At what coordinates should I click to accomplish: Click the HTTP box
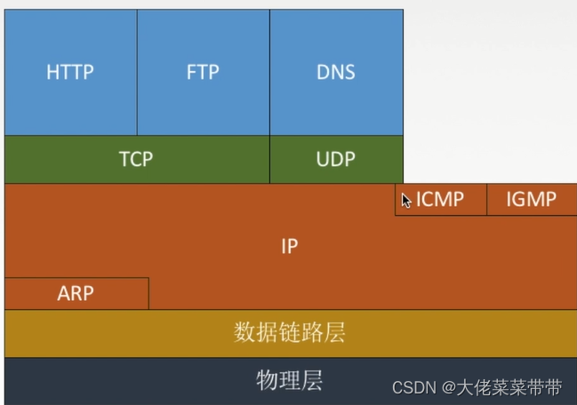(x=70, y=73)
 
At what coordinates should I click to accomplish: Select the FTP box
(x=203, y=73)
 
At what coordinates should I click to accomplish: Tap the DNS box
(x=336, y=73)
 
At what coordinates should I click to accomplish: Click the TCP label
(x=136, y=160)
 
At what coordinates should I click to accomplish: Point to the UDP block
(x=336, y=160)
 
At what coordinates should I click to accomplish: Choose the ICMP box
(x=441, y=200)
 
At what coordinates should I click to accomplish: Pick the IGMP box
(x=531, y=200)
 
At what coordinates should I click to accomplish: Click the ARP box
(x=76, y=293)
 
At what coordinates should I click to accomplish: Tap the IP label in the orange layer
(x=289, y=247)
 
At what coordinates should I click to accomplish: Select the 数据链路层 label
(x=289, y=333)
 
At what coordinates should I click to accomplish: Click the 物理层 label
(x=289, y=381)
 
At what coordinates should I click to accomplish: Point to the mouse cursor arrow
(x=405, y=200)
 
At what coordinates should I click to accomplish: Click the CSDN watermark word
(x=414, y=388)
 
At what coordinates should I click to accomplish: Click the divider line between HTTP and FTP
(x=137, y=73)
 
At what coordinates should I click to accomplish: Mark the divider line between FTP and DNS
(x=269, y=73)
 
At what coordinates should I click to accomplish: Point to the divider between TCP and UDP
(x=269, y=160)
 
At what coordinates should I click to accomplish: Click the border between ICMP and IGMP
(x=487, y=200)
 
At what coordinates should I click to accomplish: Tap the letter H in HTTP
(x=52, y=73)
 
